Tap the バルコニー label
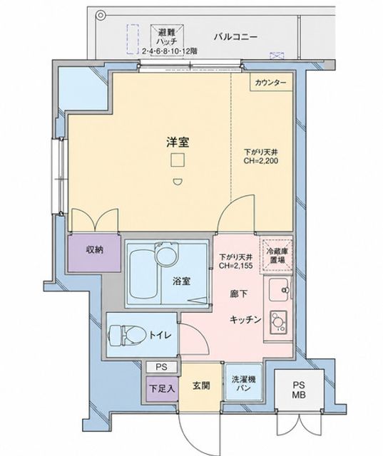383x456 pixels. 236,37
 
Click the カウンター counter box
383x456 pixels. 270,83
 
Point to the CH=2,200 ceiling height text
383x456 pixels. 261,161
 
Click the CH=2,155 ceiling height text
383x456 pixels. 235,266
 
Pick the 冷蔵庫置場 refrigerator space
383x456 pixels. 277,255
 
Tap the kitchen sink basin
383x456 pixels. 279,290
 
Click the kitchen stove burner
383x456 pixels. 279,322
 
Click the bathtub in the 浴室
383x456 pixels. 144,274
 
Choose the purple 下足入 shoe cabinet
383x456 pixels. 162,388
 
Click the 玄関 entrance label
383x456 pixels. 201,386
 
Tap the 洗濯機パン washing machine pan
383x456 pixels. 244,383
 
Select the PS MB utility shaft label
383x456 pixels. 299,390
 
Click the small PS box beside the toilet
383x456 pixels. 161,367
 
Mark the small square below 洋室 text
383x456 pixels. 178,160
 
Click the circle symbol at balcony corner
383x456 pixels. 101,15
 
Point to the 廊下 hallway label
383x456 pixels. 239,294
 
